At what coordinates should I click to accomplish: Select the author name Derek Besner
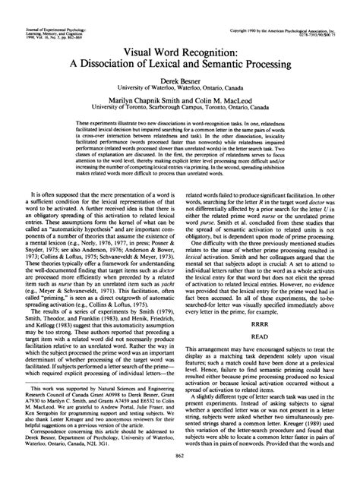[179, 78]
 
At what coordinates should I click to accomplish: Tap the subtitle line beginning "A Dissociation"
[179, 64]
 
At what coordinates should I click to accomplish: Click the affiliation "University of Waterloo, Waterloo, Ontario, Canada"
[179, 86]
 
